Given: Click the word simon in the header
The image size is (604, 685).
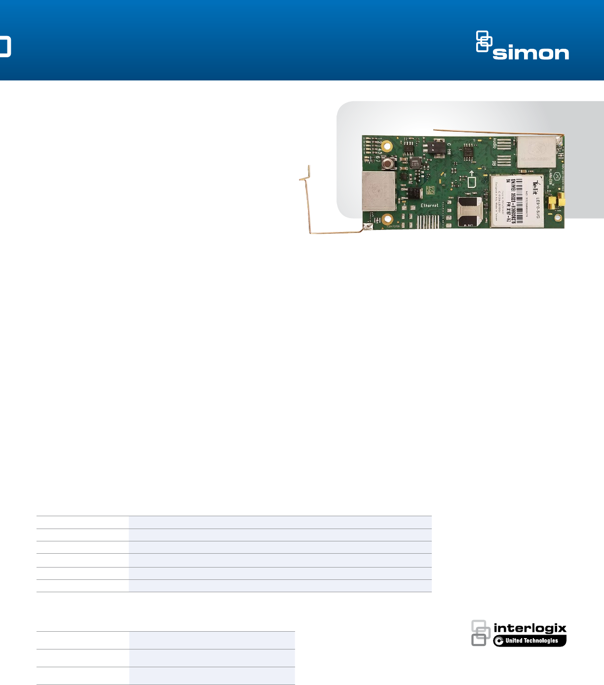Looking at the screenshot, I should [x=530, y=53].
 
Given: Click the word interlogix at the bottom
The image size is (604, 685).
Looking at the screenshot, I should [x=530, y=628].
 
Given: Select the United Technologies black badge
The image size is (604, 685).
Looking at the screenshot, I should [x=530, y=641].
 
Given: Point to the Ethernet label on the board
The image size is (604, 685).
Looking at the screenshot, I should [x=429, y=205].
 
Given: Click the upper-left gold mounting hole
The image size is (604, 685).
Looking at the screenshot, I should [x=387, y=146].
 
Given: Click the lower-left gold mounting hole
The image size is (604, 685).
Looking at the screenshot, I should [x=388, y=219].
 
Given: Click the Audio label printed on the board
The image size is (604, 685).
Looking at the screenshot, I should [x=494, y=143].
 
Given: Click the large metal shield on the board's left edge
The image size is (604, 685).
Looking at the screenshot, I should [x=379, y=191].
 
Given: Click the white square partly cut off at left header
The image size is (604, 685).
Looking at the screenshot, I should [x=4, y=46].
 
